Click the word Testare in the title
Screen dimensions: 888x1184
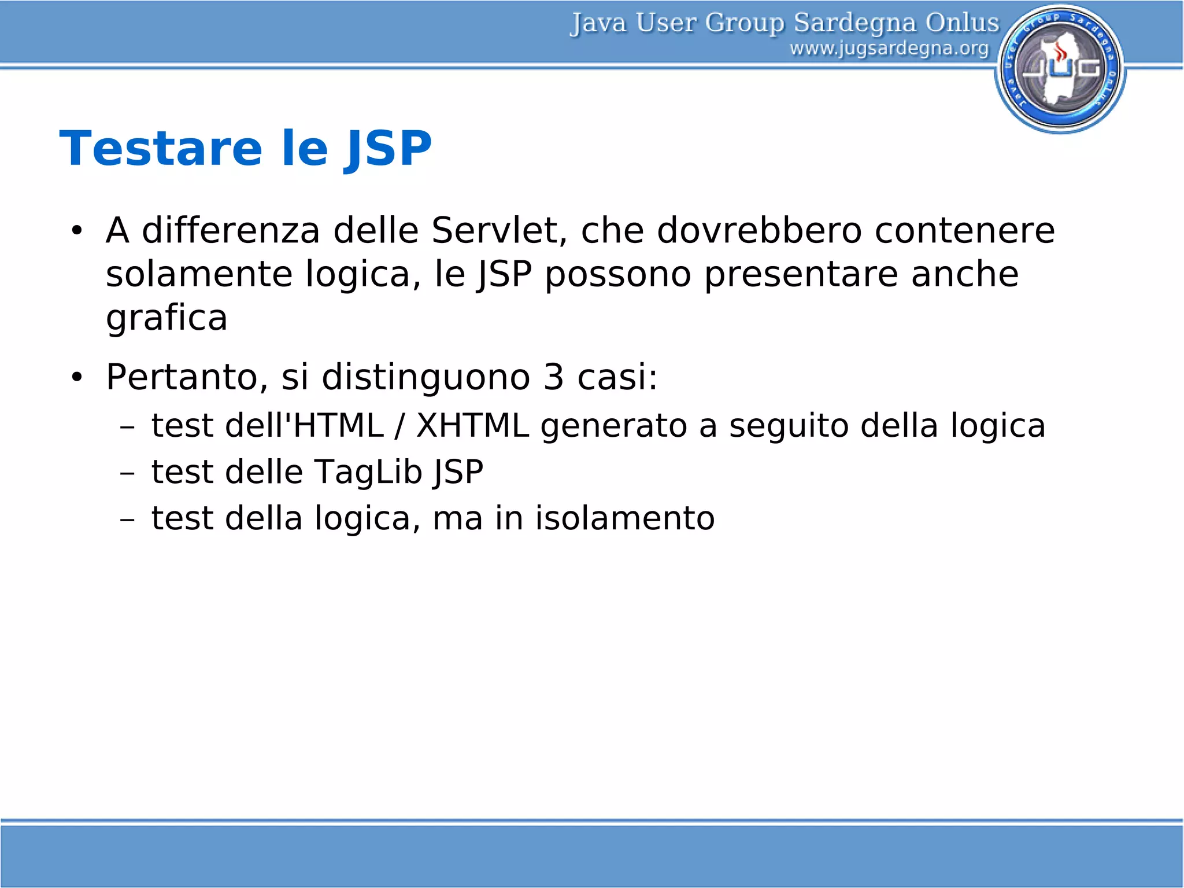pyautogui.click(x=161, y=149)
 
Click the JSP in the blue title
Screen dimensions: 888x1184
pyautogui.click(x=388, y=150)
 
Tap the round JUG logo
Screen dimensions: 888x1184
pyautogui.click(x=1060, y=69)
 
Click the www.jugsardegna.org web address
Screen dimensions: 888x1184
pyautogui.click(x=889, y=49)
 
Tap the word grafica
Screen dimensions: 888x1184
pyautogui.click(x=166, y=318)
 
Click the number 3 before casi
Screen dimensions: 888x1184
pyautogui.click(x=553, y=377)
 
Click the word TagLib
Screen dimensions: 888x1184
pyautogui.click(x=368, y=472)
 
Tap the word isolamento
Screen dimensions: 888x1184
pyautogui.click(x=624, y=518)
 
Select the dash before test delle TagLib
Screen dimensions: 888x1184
pyautogui.click(x=127, y=474)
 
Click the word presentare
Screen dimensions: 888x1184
pyautogui.click(x=801, y=274)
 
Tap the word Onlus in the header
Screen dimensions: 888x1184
pyautogui.click(x=961, y=23)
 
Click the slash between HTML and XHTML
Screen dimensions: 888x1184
pyautogui.click(x=399, y=426)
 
